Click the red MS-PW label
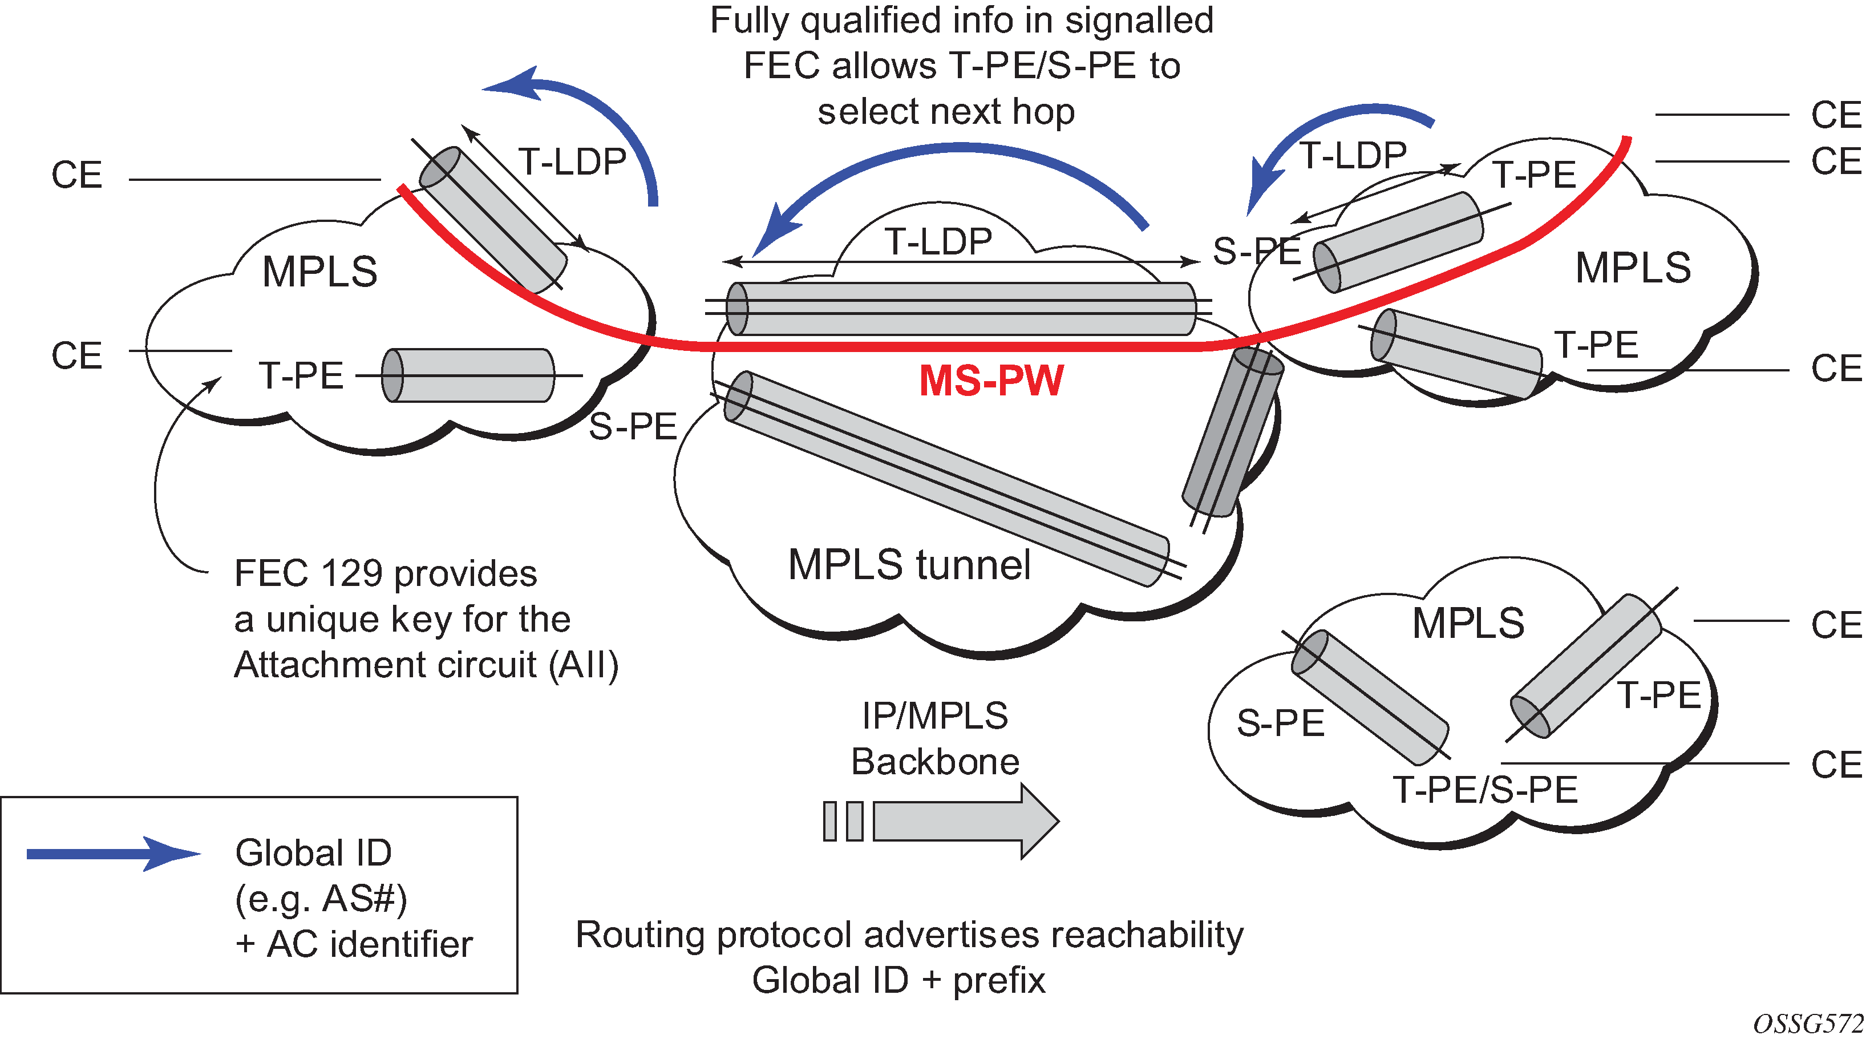991,380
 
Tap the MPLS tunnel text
909,565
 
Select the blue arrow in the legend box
113,854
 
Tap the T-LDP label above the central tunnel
938,241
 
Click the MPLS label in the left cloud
320,272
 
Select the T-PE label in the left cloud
301,375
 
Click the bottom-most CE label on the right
1835,765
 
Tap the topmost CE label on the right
1835,115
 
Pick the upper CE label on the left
76,175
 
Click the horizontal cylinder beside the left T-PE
468,375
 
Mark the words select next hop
946,111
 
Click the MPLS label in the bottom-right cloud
1468,624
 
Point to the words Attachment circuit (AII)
426,664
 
